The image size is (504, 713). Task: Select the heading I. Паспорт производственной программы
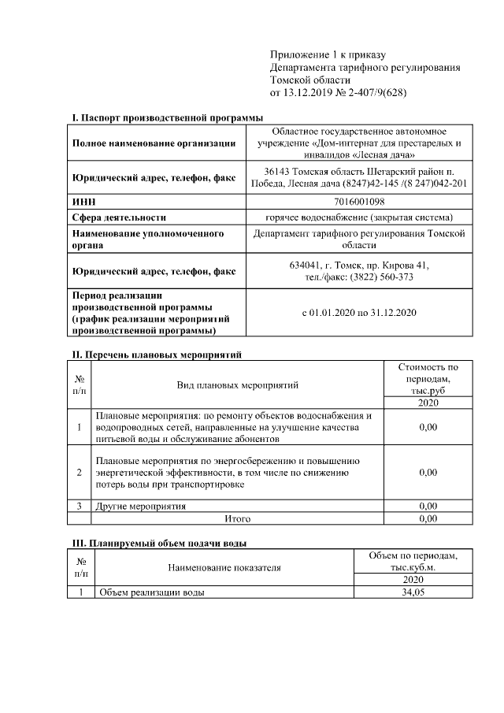[167, 117]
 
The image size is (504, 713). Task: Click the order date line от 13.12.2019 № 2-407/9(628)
[339, 93]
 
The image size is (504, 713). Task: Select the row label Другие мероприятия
[141, 506]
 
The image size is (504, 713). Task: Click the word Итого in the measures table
[237, 519]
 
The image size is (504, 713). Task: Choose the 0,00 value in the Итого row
[428, 519]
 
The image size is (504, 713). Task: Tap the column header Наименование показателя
[223, 566]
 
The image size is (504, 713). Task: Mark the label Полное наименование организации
[154, 143]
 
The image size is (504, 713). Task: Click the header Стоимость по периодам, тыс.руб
[428, 378]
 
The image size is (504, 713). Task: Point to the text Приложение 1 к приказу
[328, 54]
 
